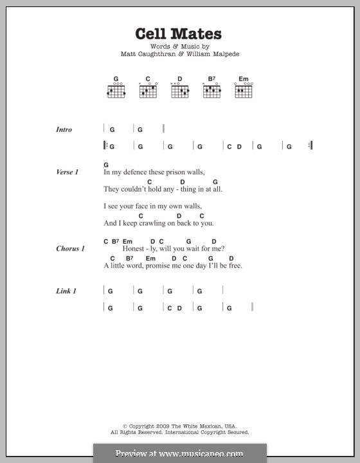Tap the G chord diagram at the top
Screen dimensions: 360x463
116,91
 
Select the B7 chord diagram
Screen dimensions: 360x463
212,91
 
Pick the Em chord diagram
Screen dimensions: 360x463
243,91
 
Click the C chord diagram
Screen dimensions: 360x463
148,91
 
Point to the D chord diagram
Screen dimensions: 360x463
179,91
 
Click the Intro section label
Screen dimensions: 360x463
64,129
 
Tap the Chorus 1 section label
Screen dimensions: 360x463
69,249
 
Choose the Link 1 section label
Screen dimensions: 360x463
66,291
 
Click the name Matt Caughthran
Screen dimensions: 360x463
147,54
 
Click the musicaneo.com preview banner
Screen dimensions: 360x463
179,453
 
